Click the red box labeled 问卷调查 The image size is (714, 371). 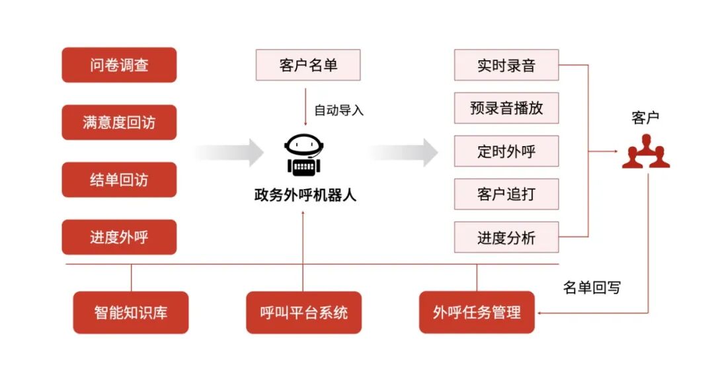point(119,65)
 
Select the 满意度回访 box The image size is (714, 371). point(119,122)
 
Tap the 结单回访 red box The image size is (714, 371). point(119,180)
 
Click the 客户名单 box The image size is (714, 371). point(308,65)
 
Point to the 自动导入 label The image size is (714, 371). point(338,110)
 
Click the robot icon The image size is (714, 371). point(303,155)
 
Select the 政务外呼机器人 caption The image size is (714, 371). point(305,195)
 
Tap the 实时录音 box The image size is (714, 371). point(506,65)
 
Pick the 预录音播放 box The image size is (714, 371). point(506,108)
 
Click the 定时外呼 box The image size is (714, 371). point(506,151)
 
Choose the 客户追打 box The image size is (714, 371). point(506,194)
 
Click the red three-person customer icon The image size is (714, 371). point(645,152)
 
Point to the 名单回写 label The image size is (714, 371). point(592,288)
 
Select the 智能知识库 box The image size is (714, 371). point(131,312)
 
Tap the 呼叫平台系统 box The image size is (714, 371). point(304,312)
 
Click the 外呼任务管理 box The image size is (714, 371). point(477,312)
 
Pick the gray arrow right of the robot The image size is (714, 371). point(403,153)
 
